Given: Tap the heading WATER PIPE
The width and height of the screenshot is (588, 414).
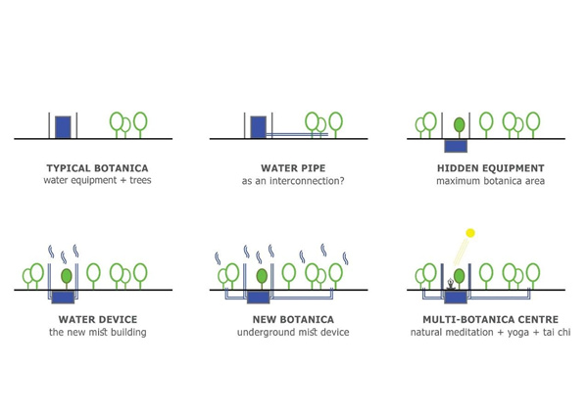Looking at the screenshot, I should [288, 167].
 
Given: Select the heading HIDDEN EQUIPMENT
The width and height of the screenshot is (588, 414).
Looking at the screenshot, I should [485, 167].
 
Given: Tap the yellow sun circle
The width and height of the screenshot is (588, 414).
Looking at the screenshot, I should [470, 233].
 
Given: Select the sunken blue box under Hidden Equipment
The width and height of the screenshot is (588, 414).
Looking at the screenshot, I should [456, 146].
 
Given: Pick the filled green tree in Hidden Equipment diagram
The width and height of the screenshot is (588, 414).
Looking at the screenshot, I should [460, 124].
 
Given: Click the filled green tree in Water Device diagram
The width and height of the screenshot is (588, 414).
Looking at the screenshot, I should [66, 276].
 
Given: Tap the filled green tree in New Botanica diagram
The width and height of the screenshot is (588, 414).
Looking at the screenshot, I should [262, 276].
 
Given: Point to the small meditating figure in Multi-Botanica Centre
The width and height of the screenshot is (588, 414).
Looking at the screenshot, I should [450, 286].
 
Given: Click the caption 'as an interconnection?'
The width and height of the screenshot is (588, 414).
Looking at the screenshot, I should [288, 181].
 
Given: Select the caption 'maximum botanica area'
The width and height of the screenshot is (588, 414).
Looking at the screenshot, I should [485, 181].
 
